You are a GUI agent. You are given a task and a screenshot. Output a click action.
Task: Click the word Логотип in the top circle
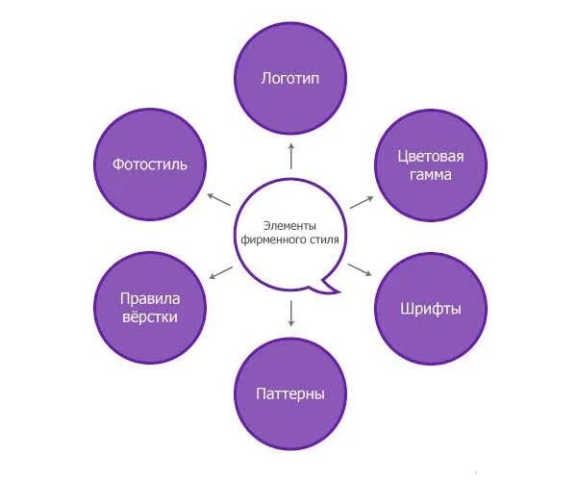[x=290, y=78]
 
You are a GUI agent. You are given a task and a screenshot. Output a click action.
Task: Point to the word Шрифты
[x=430, y=309]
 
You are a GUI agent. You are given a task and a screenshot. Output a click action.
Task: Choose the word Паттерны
[x=290, y=394]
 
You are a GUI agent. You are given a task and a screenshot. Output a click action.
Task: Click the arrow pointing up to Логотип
[x=290, y=154]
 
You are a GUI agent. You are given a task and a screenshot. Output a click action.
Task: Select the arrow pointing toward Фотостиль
[x=218, y=198]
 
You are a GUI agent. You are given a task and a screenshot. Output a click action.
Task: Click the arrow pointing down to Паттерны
[x=290, y=312]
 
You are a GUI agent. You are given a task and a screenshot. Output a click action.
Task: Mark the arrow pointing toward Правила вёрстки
[x=220, y=271]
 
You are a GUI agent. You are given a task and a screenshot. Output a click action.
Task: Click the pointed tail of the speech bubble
[x=333, y=286]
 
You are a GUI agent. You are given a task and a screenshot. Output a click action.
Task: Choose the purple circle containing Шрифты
[x=430, y=309]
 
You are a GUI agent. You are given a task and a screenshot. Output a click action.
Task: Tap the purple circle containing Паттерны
[x=290, y=394]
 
